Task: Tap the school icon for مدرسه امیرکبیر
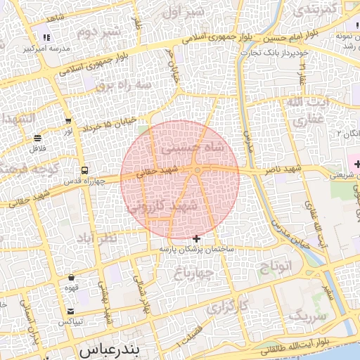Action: (x=46, y=37)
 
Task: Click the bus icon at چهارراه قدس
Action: (x=85, y=170)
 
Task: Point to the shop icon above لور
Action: (x=67, y=121)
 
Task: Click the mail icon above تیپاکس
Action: (x=71, y=311)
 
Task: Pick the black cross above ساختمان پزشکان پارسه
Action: (x=195, y=238)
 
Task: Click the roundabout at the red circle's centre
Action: (x=198, y=170)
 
